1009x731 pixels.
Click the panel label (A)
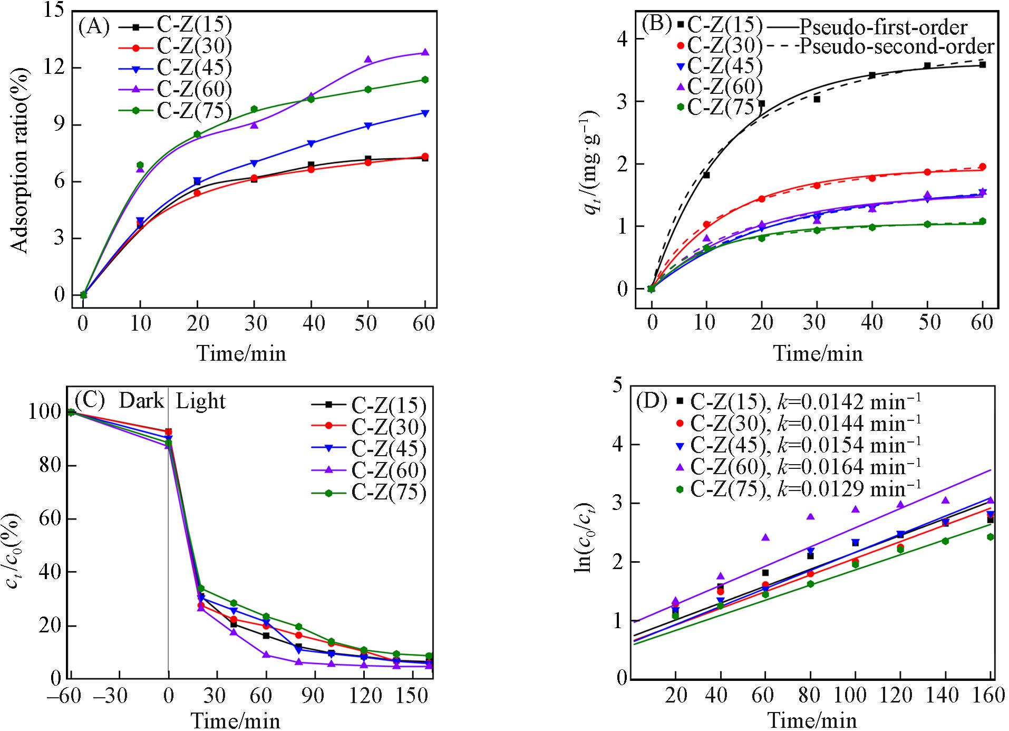(94, 26)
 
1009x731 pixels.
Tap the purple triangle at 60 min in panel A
(425, 52)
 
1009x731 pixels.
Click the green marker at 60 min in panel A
(425, 80)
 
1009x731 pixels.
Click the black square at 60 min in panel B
(982, 65)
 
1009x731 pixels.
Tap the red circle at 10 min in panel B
(706, 224)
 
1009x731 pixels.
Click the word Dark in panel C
(141, 401)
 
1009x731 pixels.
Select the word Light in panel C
(200, 401)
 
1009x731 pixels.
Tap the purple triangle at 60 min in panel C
(266, 655)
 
